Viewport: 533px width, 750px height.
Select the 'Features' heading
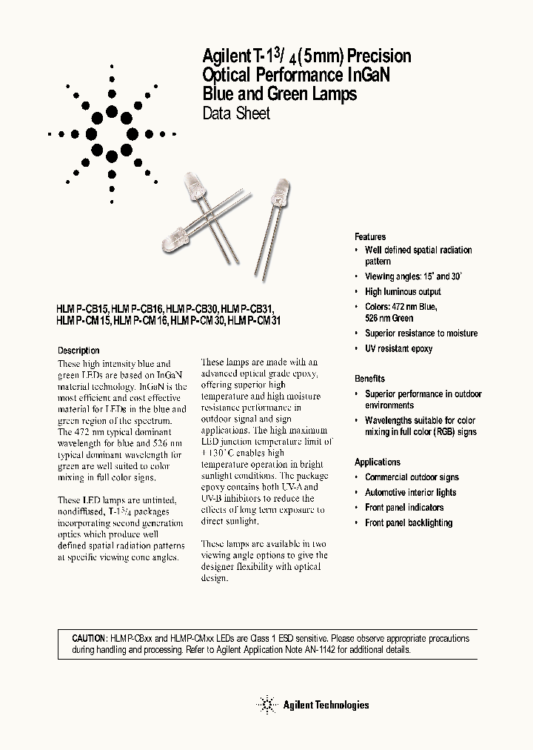(x=370, y=237)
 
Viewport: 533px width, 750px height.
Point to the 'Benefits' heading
(x=369, y=379)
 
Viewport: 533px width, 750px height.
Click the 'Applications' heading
(x=378, y=462)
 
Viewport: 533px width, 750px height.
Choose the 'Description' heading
(x=78, y=351)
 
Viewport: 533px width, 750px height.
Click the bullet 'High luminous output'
(x=403, y=292)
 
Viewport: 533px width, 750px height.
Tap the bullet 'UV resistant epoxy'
(x=398, y=348)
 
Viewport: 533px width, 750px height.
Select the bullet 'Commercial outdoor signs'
(x=412, y=477)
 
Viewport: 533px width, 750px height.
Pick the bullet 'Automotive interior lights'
(x=410, y=492)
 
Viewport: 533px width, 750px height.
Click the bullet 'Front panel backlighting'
(x=409, y=522)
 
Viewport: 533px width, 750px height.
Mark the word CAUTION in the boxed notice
(x=90, y=638)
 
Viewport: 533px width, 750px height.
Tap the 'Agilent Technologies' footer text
(x=326, y=706)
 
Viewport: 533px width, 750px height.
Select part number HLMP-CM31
(x=255, y=321)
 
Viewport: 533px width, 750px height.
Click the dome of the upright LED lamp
(x=281, y=185)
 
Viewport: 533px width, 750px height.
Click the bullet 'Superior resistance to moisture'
(x=421, y=333)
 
